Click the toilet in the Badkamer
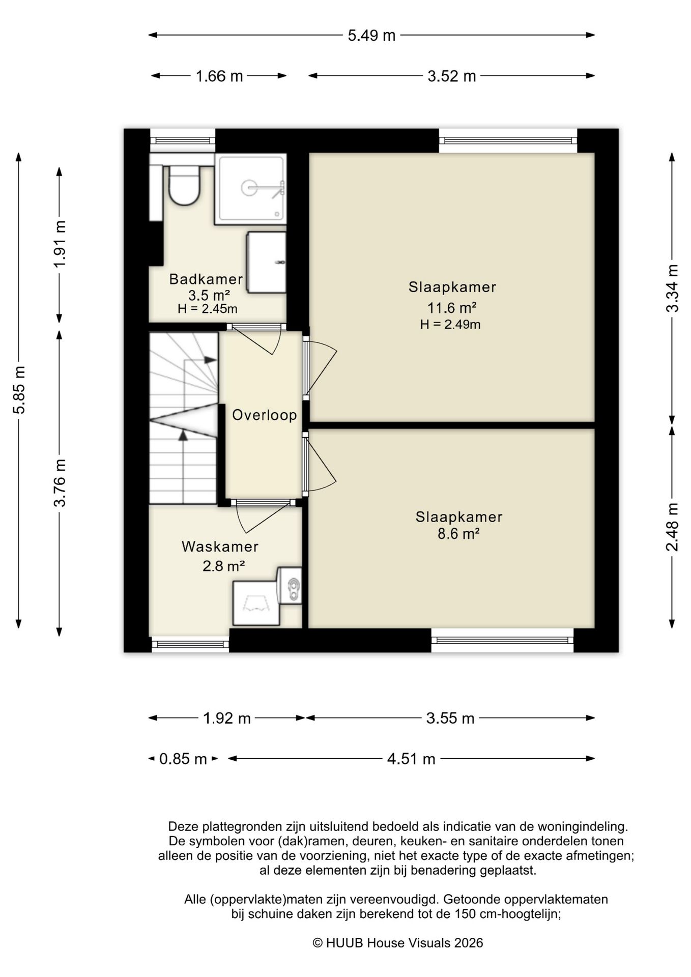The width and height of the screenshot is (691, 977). click(x=184, y=185)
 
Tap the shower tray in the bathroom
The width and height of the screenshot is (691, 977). click(x=250, y=189)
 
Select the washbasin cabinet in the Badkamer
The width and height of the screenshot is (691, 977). click(x=266, y=263)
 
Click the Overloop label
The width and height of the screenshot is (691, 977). click(x=265, y=415)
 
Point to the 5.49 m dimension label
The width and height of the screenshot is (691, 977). click(x=371, y=36)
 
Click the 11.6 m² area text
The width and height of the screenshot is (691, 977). click(x=452, y=308)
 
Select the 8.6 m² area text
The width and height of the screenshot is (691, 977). click(x=459, y=534)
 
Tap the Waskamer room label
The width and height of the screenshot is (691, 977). click(x=220, y=547)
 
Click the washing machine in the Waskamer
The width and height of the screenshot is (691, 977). click(x=256, y=604)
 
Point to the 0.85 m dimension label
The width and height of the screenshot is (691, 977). click(x=183, y=759)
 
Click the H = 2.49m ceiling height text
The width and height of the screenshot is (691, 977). click(x=450, y=325)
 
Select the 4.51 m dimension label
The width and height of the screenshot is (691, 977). click(x=411, y=759)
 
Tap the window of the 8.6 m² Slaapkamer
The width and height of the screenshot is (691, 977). click(x=502, y=641)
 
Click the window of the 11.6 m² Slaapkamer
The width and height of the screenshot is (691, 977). click(x=508, y=140)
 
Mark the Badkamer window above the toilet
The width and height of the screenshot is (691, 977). click(x=183, y=140)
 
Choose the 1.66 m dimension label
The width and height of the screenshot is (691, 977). click(x=219, y=76)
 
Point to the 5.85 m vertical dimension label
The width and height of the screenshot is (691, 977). click(x=19, y=390)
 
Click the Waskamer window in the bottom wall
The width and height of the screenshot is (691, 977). click(x=190, y=644)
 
